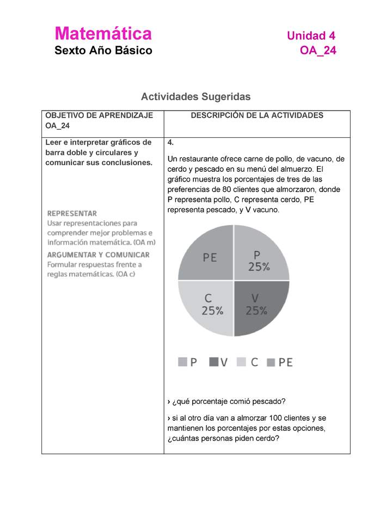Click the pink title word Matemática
click(103, 34)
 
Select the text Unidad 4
click(311, 36)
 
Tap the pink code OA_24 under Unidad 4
click(318, 51)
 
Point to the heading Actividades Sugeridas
click(195, 97)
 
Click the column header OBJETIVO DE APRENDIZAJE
click(99, 116)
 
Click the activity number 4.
click(170, 143)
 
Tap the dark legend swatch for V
click(213, 362)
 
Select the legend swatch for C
click(243, 362)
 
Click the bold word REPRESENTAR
click(72, 214)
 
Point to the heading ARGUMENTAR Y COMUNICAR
click(98, 255)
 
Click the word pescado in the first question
click(267, 402)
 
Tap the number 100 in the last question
click(268, 418)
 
